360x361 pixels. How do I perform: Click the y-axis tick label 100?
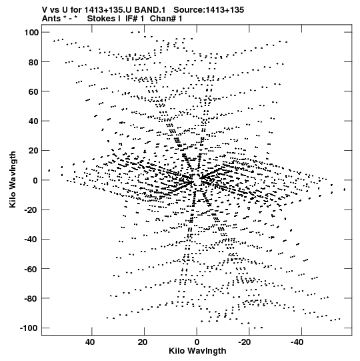(31, 33)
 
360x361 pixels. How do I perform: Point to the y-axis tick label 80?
(33, 62)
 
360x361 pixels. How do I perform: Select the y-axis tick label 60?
(33, 91)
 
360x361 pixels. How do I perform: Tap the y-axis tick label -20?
(31, 210)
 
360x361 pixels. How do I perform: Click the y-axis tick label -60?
(31, 269)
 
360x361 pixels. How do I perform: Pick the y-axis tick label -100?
(29, 328)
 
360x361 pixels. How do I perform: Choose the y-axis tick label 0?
(35, 180)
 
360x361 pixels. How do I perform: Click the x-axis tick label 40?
(90, 342)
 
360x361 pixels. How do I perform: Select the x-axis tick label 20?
(143, 342)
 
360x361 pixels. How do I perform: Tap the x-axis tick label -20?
(244, 342)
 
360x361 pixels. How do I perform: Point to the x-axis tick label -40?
(297, 342)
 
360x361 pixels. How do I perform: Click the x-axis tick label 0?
(197, 342)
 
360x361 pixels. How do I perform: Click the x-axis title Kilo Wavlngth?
(197, 350)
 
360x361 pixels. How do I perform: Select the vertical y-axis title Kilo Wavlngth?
(13, 179)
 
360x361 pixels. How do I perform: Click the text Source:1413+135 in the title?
(209, 10)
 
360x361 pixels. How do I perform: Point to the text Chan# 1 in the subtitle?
(166, 19)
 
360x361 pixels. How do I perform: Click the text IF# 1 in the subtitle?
(135, 19)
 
